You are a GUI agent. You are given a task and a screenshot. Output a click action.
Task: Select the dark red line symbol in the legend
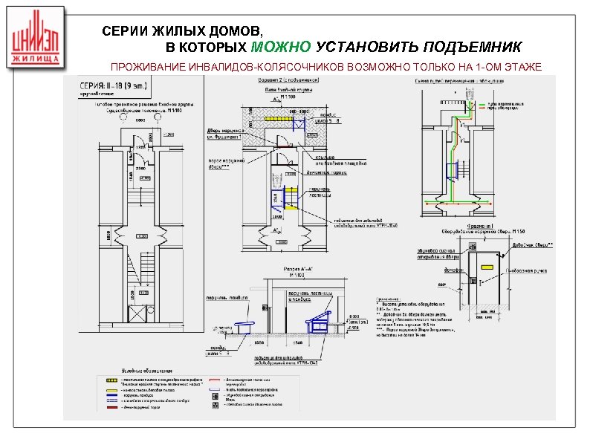tap(111, 407)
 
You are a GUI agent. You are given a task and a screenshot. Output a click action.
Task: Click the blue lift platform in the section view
tap(318, 322)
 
